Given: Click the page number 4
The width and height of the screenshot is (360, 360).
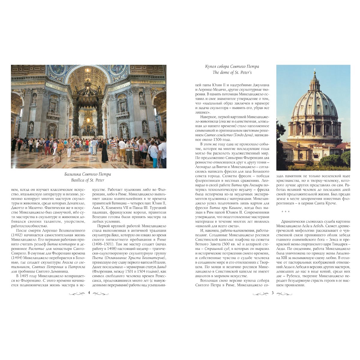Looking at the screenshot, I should pos(88,293).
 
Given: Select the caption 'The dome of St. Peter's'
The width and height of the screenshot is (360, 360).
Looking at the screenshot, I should pos(232,72).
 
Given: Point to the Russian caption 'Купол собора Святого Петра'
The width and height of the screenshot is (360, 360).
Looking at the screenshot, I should pos(232,66).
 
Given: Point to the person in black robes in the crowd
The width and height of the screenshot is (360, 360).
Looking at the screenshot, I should pos(105,153).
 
